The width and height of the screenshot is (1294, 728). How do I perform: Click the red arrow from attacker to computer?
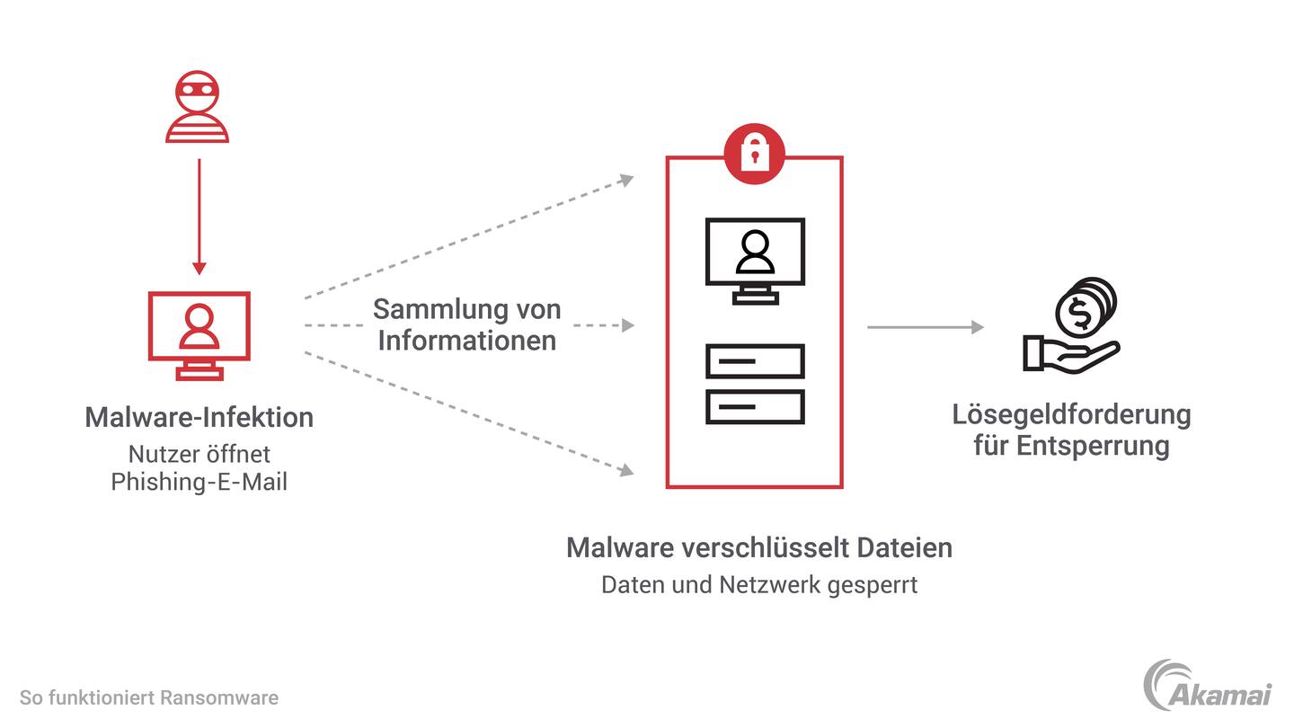click(x=199, y=216)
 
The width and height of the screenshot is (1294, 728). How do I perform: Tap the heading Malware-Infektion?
click(x=199, y=417)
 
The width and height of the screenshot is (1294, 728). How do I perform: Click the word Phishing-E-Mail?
click(x=199, y=482)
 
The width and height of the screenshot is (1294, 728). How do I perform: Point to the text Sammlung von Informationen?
click(x=466, y=324)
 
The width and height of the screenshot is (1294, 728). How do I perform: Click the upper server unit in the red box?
click(x=755, y=361)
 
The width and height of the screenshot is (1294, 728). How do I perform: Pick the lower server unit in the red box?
click(x=755, y=406)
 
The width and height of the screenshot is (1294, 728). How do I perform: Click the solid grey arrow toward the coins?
click(x=926, y=327)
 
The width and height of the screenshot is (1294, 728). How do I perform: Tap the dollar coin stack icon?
click(x=1085, y=308)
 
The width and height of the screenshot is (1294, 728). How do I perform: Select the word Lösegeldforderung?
click(x=1071, y=414)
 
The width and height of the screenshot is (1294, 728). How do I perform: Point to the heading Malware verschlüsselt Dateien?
click(x=758, y=547)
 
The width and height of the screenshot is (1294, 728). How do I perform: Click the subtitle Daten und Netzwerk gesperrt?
click(x=758, y=585)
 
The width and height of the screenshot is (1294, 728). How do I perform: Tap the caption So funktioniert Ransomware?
click(x=149, y=697)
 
